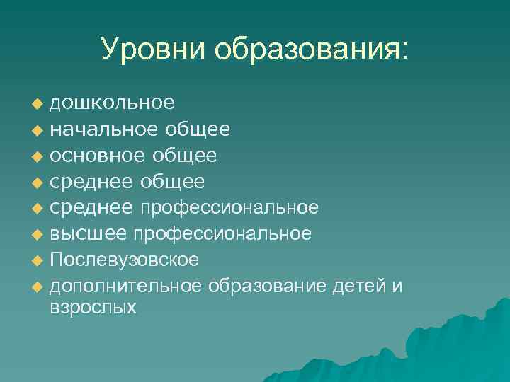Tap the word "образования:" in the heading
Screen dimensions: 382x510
pyautogui.click(x=312, y=49)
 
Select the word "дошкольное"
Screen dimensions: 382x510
pyautogui.click(x=112, y=103)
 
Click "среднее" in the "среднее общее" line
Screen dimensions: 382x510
pyautogui.click(x=91, y=182)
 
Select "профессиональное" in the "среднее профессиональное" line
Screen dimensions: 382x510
pyautogui.click(x=228, y=208)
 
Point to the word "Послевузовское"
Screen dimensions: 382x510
pyautogui.click(x=124, y=260)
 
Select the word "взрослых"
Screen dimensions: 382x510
pyautogui.click(x=93, y=308)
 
